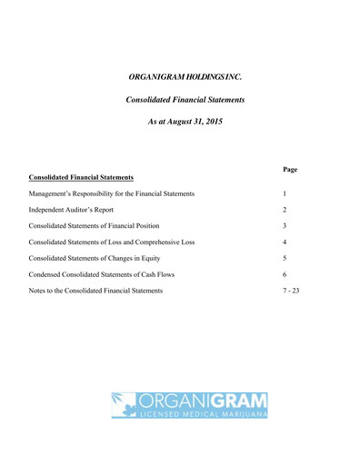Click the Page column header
[291, 169]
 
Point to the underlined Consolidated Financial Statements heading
[82, 177]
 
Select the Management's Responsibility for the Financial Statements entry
[112, 193]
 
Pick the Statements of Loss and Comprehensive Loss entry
[112, 242]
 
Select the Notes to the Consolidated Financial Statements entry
[96, 291]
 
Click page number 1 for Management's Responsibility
[285, 193]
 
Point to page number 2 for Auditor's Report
[285, 210]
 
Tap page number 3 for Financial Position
[285, 226]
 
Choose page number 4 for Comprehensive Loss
[285, 242]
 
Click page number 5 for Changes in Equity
[285, 259]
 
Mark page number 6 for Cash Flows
[285, 274]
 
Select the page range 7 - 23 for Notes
[291, 291]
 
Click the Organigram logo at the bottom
[190, 404]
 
